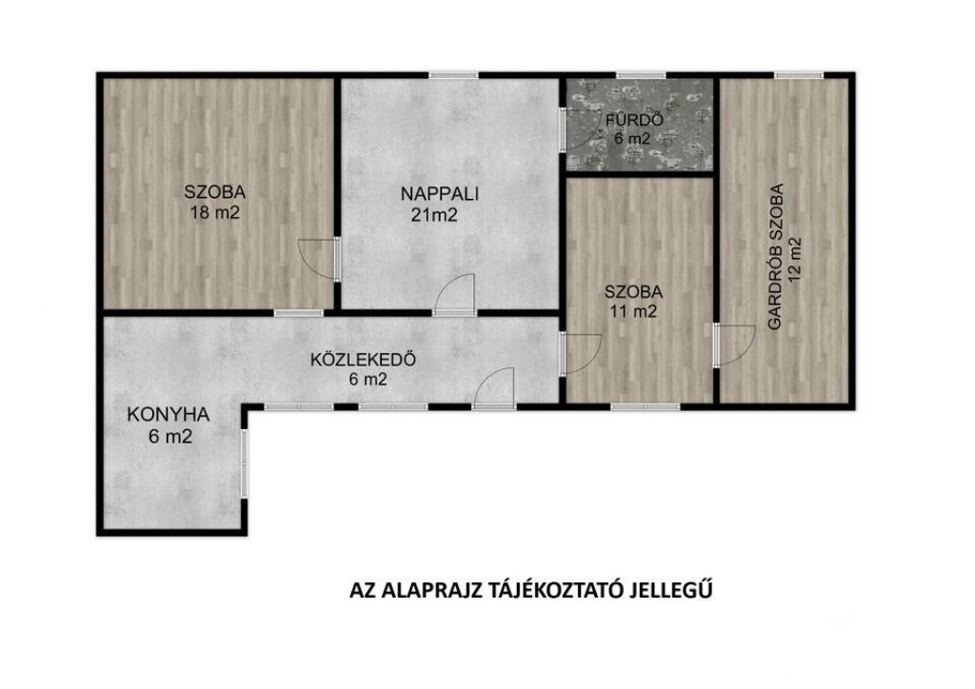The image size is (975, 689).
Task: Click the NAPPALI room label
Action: click(x=440, y=194)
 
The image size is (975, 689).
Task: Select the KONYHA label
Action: click(x=168, y=414)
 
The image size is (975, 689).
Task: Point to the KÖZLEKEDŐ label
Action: click(x=364, y=360)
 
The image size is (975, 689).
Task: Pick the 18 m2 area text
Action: click(x=215, y=213)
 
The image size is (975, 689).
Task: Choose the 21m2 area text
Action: click(x=434, y=215)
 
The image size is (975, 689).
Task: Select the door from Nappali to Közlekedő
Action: click(x=454, y=295)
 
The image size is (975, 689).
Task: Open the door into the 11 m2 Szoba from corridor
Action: click(x=581, y=353)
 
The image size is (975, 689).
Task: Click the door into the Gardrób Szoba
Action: click(x=734, y=344)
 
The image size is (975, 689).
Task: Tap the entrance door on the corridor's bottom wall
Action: click(x=494, y=388)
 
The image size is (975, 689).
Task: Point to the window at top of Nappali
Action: click(x=453, y=76)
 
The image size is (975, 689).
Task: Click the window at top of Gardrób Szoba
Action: click(x=799, y=76)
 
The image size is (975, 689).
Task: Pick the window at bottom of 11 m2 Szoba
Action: click(x=646, y=407)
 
